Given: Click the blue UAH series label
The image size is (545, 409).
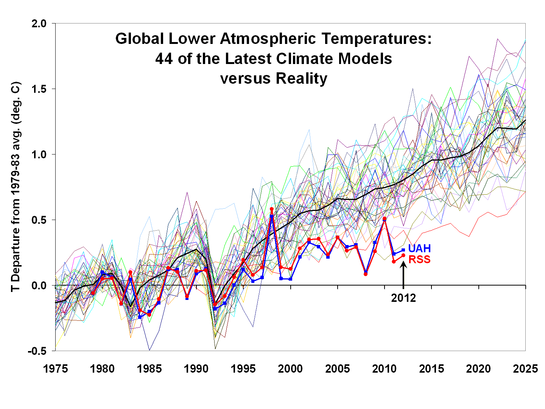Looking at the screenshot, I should coord(419,248).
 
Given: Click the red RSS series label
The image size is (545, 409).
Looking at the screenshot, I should coord(419,260).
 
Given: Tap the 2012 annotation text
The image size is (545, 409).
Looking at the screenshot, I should coord(403,298).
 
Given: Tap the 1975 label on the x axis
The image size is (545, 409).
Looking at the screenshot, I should coord(56,369).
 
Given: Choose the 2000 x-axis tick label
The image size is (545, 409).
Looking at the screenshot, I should coord(290,369).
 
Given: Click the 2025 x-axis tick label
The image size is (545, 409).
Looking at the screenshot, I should coord(525,369).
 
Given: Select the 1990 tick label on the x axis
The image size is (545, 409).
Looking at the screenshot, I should coord(196,369).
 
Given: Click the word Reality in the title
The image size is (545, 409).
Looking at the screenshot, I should coord(301,79).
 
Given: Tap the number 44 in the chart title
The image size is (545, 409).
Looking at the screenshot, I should coord(164,59).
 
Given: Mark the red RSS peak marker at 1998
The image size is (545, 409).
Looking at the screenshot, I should coord(271,209).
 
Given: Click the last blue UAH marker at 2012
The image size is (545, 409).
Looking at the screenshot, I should coord(403,250).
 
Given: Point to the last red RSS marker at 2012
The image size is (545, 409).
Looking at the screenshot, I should coord(403,255).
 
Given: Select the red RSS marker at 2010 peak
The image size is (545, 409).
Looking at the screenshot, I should coord(385,219).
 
